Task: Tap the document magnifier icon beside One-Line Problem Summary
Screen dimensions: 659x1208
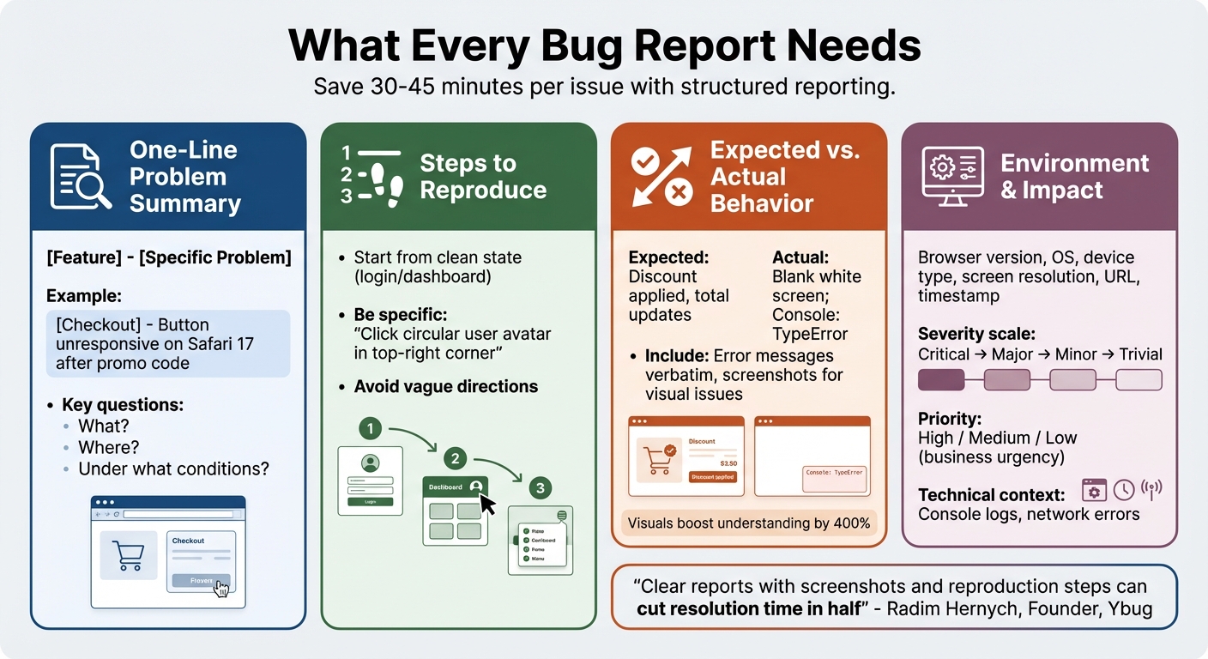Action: [80, 177]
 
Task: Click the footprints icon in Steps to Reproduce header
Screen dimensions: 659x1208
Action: [371, 177]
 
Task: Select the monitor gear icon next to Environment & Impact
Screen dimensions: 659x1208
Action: [952, 177]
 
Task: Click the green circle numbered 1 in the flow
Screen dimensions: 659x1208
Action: [370, 427]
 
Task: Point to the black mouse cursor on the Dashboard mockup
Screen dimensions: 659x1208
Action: [487, 503]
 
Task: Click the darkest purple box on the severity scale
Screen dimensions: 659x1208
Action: [941, 379]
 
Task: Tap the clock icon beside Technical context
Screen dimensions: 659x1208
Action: [1124, 490]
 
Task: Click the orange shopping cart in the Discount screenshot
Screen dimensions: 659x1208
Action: [657, 460]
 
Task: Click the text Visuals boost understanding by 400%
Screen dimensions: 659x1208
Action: [748, 523]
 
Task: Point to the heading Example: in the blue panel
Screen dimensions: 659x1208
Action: [84, 296]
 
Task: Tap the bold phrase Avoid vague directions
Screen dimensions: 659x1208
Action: [445, 387]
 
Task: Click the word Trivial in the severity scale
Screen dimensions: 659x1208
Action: [1140, 354]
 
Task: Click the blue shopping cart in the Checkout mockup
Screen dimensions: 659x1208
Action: [128, 555]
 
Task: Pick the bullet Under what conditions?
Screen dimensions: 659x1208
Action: [173, 469]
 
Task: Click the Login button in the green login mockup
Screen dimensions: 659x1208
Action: [370, 500]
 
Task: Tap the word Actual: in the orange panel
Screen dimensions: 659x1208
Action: [800, 257]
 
